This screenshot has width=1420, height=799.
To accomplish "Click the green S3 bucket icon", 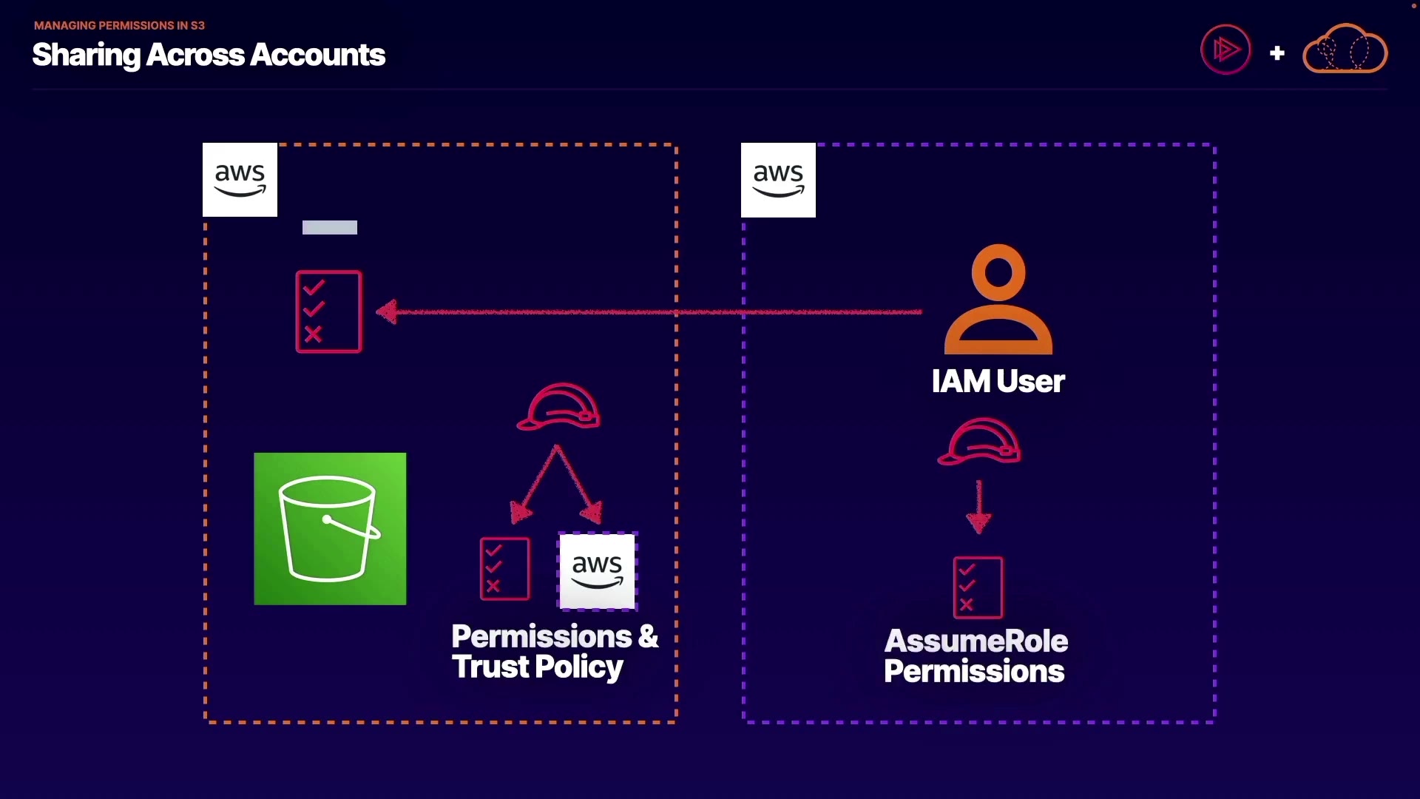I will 330,529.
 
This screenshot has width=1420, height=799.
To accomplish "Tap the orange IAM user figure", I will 998,300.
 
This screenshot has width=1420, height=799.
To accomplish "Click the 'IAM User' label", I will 998,382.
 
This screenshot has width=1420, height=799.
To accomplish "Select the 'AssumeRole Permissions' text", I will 976,656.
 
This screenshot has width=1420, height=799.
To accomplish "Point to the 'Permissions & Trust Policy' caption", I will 554,652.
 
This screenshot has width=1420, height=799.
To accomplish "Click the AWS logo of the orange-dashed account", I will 240,180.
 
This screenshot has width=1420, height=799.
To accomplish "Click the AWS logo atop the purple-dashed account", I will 778,180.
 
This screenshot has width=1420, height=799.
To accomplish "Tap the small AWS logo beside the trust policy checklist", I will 598,570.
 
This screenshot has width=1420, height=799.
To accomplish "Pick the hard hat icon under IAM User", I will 979,441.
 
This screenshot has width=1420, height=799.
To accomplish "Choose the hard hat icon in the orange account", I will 559,406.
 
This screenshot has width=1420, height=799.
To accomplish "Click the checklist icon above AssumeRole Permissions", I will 978,587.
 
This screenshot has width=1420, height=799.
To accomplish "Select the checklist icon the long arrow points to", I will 328,311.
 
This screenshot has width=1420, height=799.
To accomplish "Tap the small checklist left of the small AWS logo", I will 504,568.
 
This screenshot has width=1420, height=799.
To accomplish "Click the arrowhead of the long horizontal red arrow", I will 387,311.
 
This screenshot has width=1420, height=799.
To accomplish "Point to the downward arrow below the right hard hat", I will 978,510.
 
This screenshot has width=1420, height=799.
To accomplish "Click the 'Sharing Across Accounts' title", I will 209,55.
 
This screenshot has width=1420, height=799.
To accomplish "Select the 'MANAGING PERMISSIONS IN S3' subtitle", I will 119,25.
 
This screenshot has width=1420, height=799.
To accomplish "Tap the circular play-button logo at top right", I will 1225,50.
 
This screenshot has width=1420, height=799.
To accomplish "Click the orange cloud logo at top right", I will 1345,49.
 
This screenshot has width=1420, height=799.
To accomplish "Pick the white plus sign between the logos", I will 1277,53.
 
